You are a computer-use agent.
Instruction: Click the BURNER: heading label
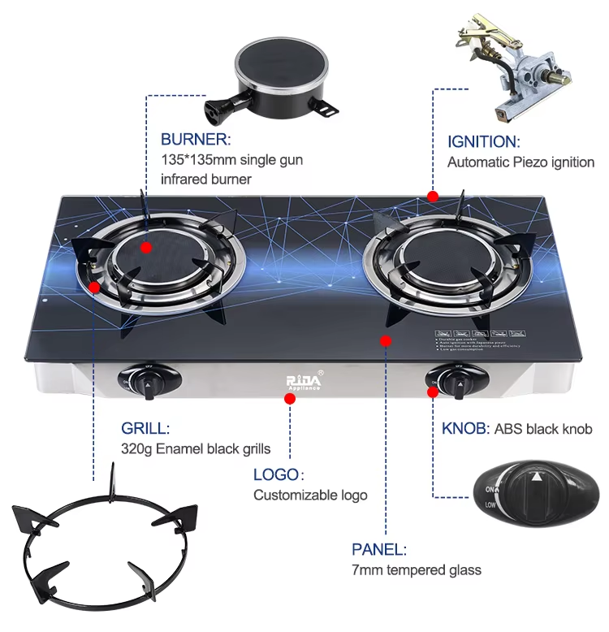click(x=196, y=139)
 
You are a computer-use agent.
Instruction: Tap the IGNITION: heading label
click(x=483, y=141)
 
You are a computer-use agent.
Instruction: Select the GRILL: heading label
click(x=146, y=428)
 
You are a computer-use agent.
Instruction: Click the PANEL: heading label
click(x=379, y=549)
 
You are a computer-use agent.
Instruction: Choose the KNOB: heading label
click(x=465, y=429)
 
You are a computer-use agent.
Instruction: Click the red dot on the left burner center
click(x=147, y=248)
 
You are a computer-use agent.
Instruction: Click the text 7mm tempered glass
click(x=417, y=569)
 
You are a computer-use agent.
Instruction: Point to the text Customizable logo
click(x=310, y=495)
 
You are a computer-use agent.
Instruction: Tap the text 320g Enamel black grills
click(x=196, y=448)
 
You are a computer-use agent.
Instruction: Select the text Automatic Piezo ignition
click(x=520, y=162)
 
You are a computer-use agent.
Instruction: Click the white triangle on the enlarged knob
click(x=537, y=477)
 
